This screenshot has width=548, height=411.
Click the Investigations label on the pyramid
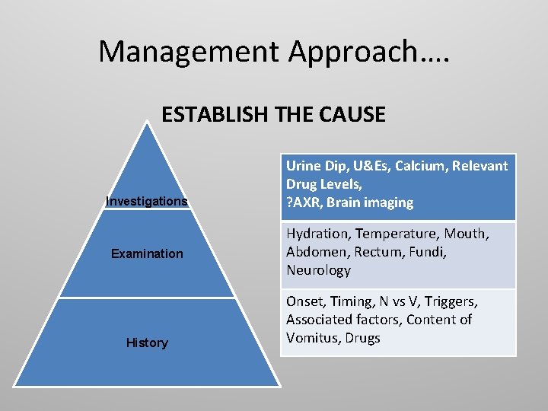click(147, 202)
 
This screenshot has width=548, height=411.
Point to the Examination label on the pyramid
click(147, 253)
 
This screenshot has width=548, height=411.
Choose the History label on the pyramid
click(147, 342)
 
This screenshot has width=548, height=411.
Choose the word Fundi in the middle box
click(427, 252)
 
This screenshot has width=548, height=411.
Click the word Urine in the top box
click(304, 166)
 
